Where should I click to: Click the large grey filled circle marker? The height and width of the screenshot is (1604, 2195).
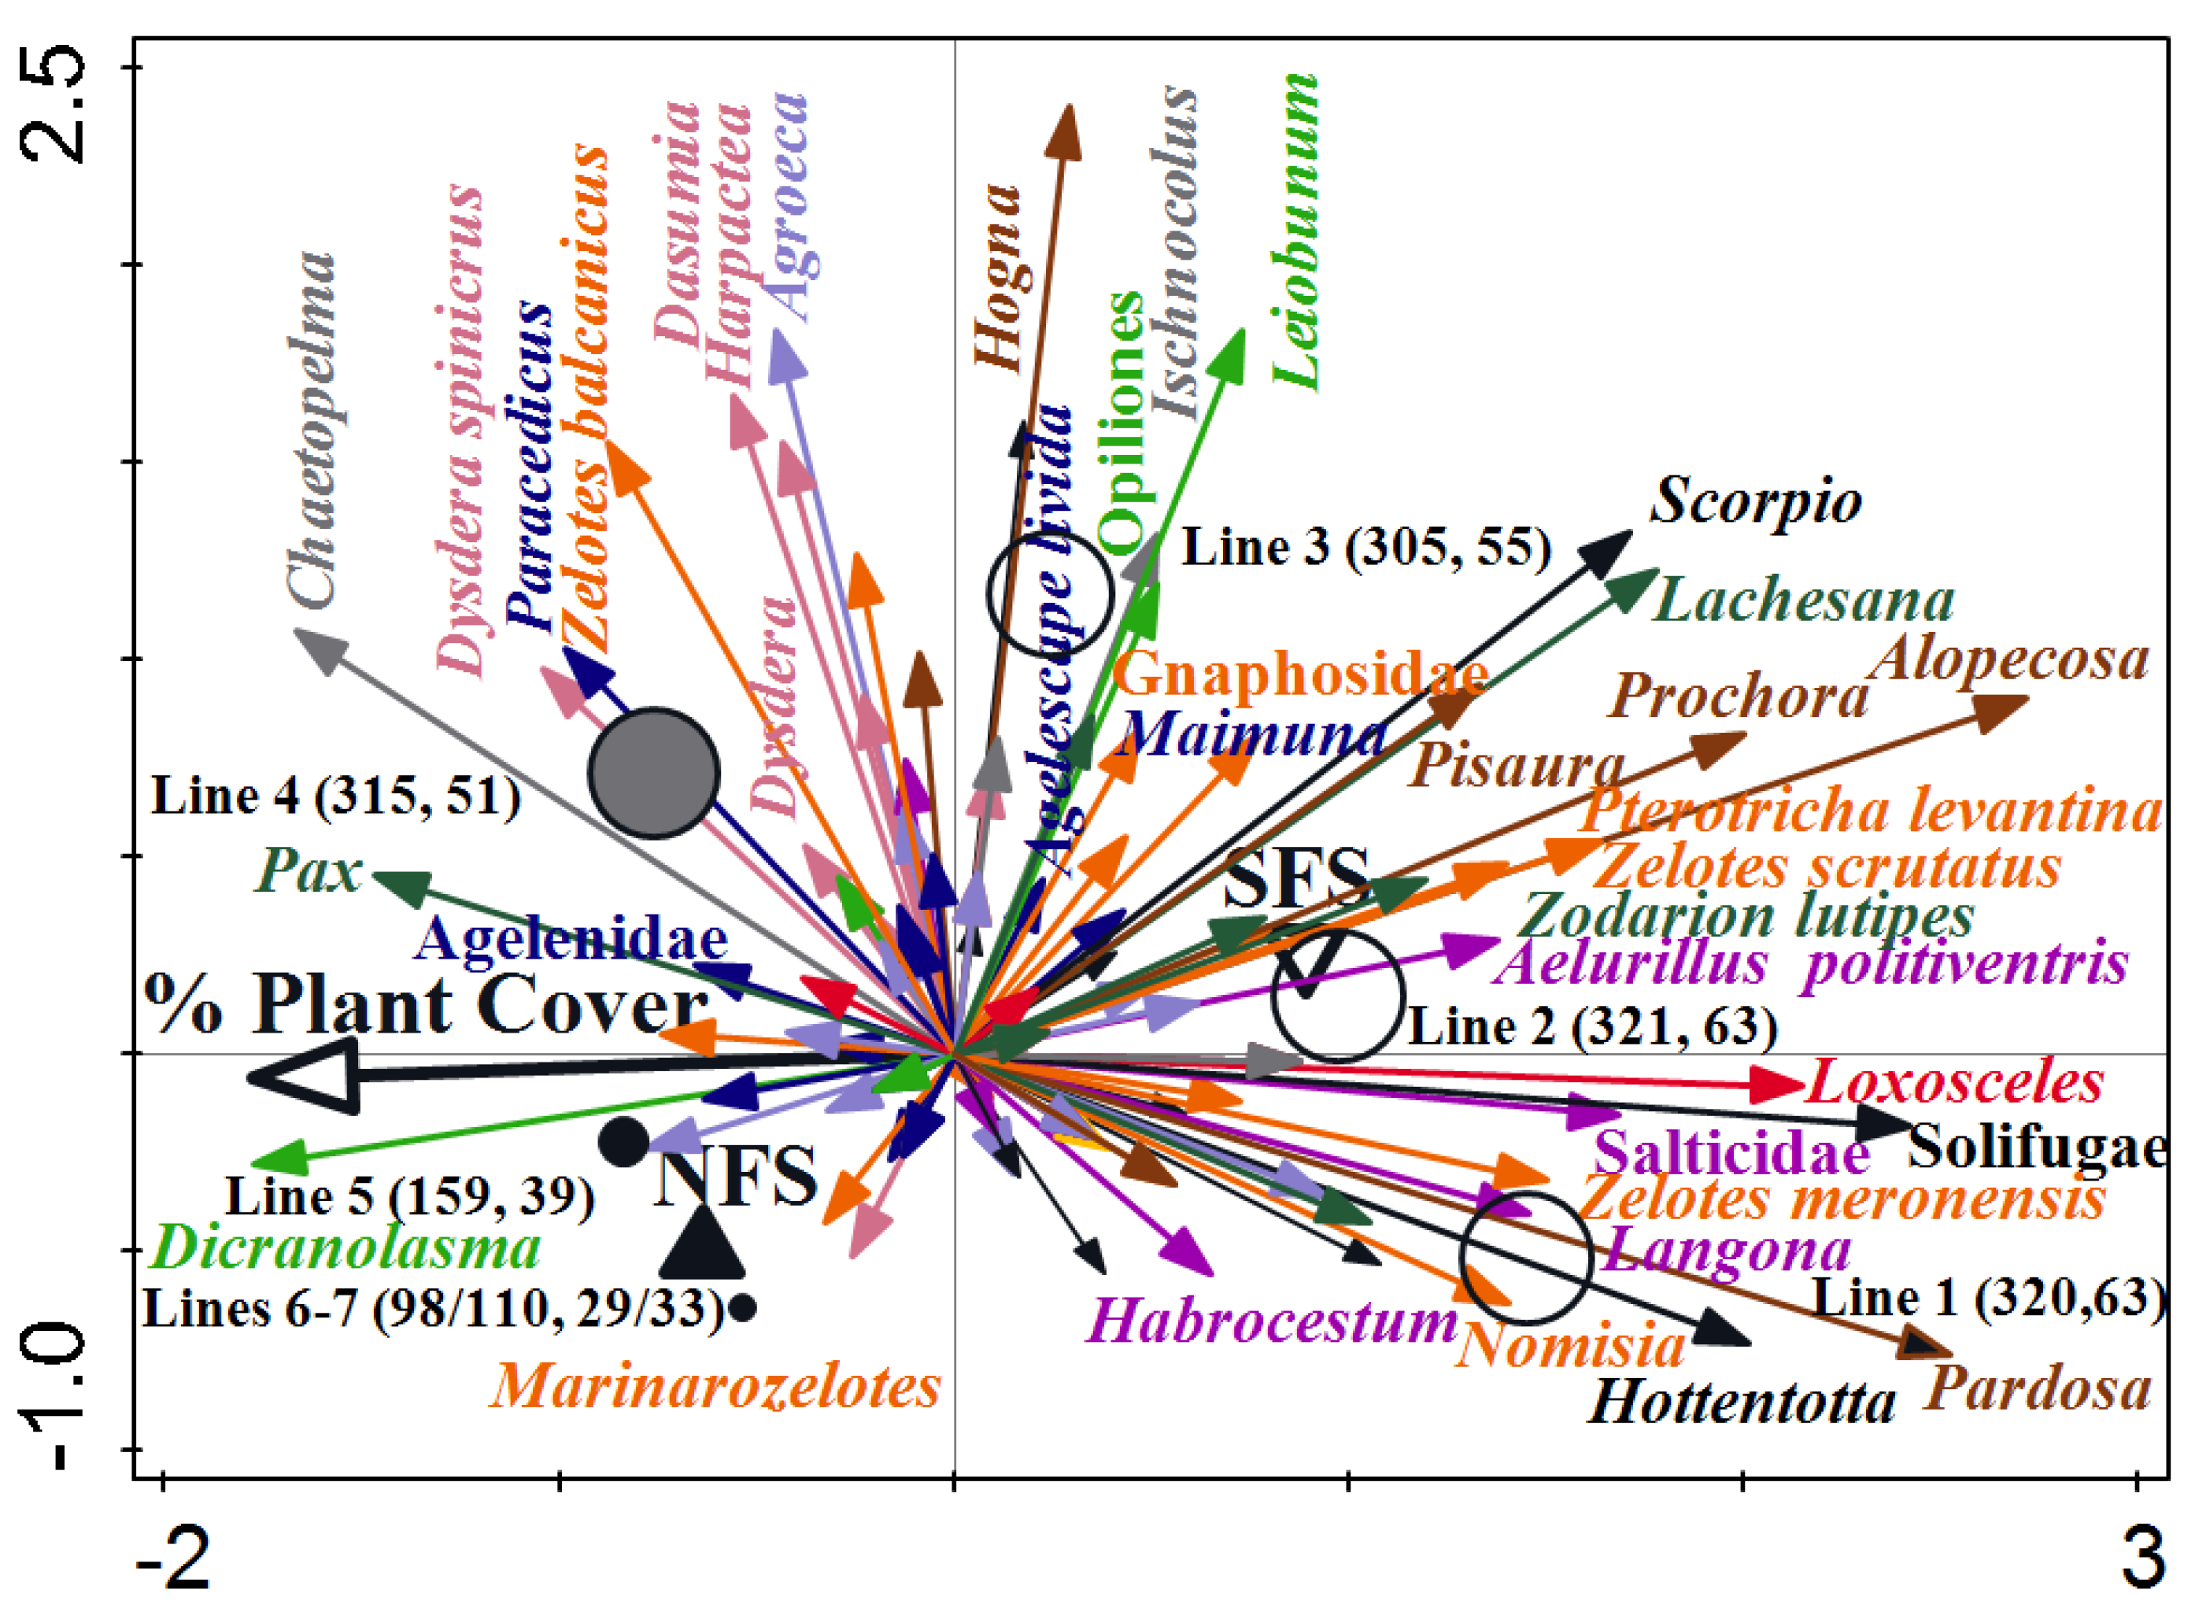click(x=653, y=773)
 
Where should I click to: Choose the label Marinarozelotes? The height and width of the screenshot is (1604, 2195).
click(x=715, y=1385)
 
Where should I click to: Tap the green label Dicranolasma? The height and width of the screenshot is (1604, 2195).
click(x=346, y=1247)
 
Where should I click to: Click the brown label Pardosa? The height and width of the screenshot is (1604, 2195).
click(x=2037, y=1389)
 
